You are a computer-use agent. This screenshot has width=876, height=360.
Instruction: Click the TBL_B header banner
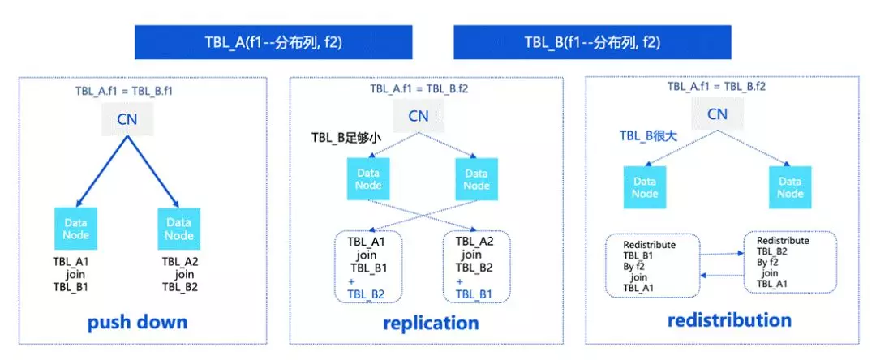pyautogui.click(x=591, y=41)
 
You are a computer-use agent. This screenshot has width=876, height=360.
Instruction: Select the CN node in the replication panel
pyautogui.click(x=418, y=117)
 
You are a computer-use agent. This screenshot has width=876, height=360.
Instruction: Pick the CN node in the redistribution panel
pyautogui.click(x=717, y=114)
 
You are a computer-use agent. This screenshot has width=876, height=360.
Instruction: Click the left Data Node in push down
pyautogui.click(x=76, y=229)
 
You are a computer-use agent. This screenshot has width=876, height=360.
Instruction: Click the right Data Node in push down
pyautogui.click(x=178, y=229)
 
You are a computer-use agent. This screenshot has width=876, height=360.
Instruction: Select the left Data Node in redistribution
pyautogui.click(x=645, y=187)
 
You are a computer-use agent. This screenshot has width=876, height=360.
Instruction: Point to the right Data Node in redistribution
pyautogui.click(x=790, y=187)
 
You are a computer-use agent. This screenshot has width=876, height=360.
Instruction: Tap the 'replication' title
pyautogui.click(x=430, y=323)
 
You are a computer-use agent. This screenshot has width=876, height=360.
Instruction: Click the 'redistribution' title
pyautogui.click(x=728, y=319)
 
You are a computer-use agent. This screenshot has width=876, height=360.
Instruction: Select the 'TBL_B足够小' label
pyautogui.click(x=346, y=138)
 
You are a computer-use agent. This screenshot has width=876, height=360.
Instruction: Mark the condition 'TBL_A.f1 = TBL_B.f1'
pyautogui.click(x=122, y=92)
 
